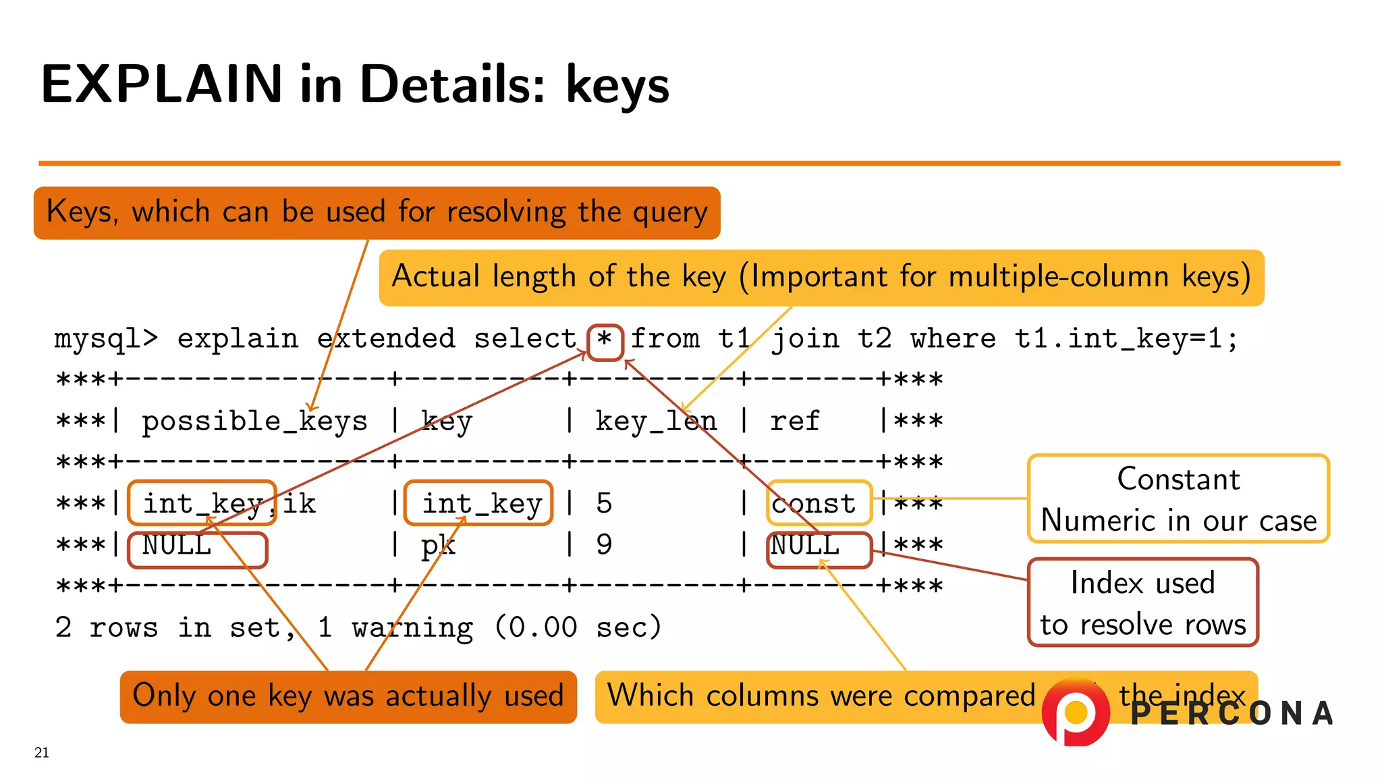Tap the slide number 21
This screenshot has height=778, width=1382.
point(42,752)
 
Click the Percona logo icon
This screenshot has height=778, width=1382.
point(1076,712)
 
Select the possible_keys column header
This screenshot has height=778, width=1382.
point(254,421)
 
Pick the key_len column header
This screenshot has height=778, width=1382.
point(655,421)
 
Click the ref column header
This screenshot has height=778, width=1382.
point(794,421)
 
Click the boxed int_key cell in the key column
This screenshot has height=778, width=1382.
point(478,503)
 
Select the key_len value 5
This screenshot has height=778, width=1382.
point(604,503)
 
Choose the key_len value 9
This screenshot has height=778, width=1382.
point(604,544)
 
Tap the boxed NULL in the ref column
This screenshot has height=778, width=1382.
point(819,550)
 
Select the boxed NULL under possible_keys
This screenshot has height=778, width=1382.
point(197,550)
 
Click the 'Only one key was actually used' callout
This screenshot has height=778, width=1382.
point(348,696)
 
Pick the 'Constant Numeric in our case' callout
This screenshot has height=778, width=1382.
point(1178,498)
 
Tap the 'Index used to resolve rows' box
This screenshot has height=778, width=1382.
point(1142,602)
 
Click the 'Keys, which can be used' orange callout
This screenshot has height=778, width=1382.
point(377,213)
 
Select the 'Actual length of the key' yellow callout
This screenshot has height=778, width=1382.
point(821,278)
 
